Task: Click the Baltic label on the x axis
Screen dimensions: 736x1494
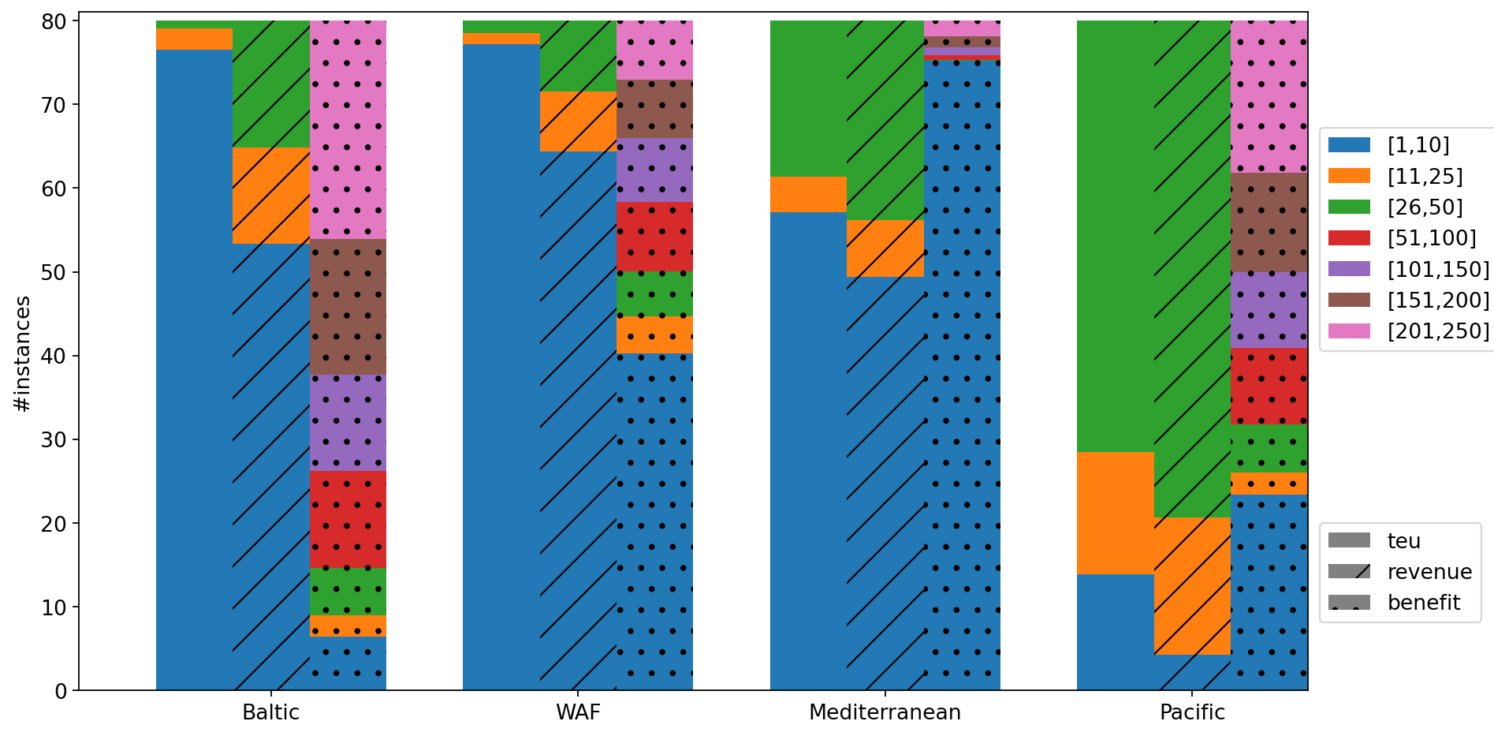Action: click(x=270, y=713)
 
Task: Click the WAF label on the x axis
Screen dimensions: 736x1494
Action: click(x=578, y=713)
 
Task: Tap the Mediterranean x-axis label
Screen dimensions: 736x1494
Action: click(x=885, y=713)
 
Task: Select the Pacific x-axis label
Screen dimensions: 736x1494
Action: click(x=1192, y=713)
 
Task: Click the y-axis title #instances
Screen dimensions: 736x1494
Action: click(x=23, y=353)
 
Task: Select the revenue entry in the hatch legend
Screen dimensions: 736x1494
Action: click(x=1429, y=572)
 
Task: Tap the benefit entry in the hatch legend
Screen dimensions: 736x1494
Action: click(x=1424, y=603)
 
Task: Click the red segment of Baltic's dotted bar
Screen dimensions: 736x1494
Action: click(x=348, y=519)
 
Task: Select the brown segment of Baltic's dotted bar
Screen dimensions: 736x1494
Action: click(x=348, y=307)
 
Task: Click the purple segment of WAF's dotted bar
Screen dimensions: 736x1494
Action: click(x=654, y=170)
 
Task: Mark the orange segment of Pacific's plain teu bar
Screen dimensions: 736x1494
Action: click(x=1116, y=513)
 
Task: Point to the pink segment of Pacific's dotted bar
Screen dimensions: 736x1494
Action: click(x=1269, y=96)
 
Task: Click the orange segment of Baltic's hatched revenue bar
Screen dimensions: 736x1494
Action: click(x=271, y=196)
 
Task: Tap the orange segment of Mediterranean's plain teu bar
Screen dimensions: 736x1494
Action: click(x=808, y=195)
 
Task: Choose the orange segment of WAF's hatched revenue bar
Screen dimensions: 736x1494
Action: click(x=578, y=121)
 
